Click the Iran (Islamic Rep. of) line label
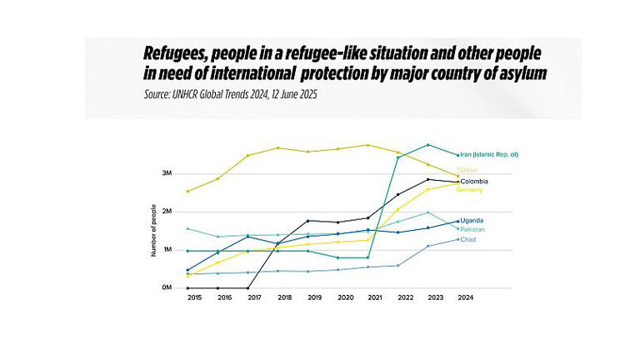coord(500,154)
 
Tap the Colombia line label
coord(474,181)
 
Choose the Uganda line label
coord(472,220)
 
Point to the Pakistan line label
coord(473,229)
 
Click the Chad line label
coord(469,240)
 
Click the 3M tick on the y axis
coord(166,173)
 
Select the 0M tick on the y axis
coord(166,287)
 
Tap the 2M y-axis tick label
coord(166,212)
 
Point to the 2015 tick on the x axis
coord(194,297)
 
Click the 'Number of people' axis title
coord(153,230)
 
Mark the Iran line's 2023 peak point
coord(428,145)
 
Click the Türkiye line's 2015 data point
coord(188,191)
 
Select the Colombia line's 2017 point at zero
coord(247,287)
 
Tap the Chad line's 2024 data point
coord(457,239)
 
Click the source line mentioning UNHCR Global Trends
coord(231,95)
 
